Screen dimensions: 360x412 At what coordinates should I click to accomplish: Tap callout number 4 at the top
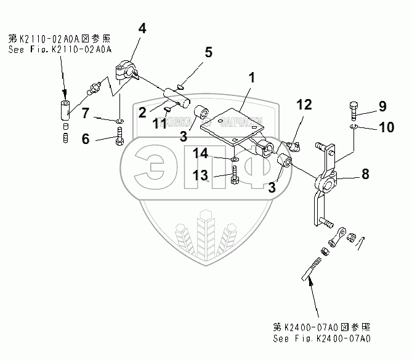142,28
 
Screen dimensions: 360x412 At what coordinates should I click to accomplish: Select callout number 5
208,52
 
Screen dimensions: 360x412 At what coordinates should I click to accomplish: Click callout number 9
382,106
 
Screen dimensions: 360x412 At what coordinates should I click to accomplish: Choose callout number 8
365,174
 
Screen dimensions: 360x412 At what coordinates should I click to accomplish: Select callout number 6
86,139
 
